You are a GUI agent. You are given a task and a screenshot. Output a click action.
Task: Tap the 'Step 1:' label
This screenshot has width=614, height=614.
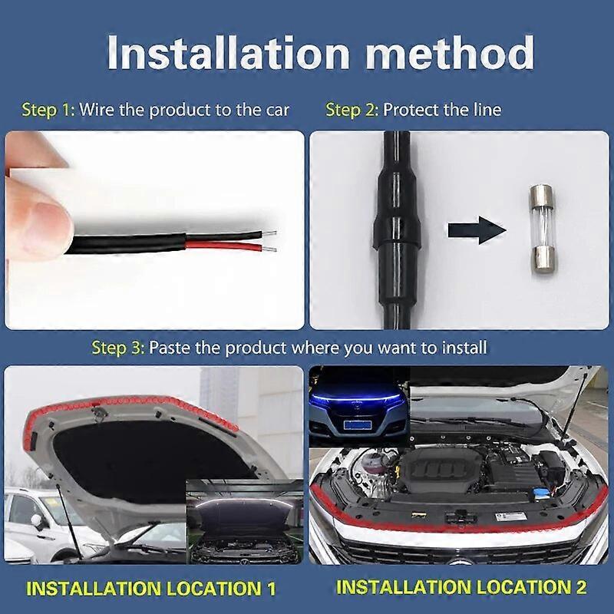click(x=48, y=110)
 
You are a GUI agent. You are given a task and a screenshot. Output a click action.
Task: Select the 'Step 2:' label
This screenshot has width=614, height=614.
click(x=352, y=110)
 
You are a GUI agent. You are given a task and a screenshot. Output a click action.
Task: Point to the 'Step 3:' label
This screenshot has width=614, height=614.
click(x=117, y=348)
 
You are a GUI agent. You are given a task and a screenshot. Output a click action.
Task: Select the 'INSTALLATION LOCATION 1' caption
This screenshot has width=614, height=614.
click(x=150, y=589)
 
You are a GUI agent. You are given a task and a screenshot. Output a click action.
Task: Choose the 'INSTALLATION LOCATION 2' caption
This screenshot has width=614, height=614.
click(x=461, y=587)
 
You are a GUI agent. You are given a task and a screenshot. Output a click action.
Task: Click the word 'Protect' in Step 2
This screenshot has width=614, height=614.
click(x=418, y=110)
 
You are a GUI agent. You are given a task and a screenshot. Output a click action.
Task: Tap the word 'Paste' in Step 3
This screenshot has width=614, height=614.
click(x=170, y=348)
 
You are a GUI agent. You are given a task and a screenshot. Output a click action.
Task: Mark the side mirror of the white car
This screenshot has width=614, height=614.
click(x=35, y=523)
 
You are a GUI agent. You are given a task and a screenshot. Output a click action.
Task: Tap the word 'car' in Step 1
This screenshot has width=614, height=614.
click(x=276, y=110)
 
